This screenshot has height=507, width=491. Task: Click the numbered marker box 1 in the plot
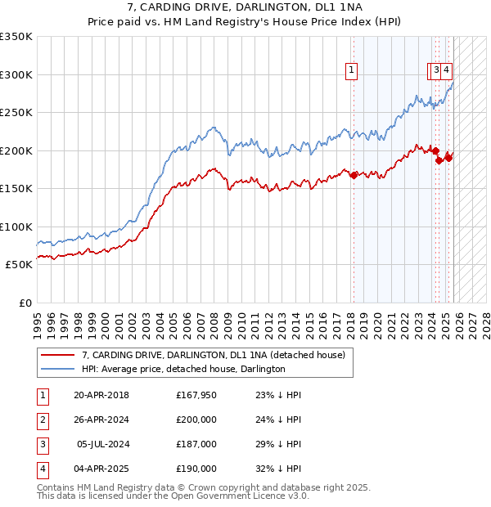pos(352,71)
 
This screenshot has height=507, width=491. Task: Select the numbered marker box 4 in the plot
pos(447,71)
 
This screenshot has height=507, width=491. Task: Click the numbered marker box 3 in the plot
pos(437,71)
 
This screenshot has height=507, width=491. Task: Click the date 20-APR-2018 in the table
pos(101,395)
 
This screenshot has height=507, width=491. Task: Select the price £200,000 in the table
pos(196,420)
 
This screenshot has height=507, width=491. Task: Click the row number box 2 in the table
pos(43,420)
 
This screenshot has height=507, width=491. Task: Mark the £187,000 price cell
pos(196,444)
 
